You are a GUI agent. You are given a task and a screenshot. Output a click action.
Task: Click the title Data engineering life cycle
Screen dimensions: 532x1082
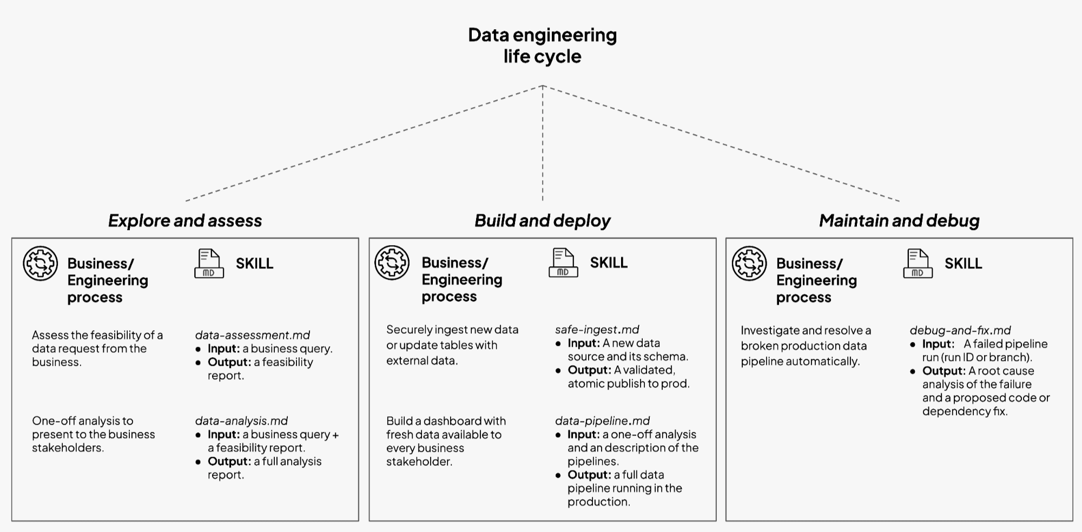pos(542,45)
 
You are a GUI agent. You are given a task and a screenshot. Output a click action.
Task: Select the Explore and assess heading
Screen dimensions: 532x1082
pos(185,221)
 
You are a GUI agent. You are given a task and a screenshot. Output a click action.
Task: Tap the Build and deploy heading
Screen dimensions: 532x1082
pos(542,221)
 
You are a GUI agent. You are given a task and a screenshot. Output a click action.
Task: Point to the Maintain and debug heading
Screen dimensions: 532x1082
pos(899,221)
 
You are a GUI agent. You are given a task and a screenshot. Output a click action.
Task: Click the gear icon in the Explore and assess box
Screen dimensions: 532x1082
pos(40,264)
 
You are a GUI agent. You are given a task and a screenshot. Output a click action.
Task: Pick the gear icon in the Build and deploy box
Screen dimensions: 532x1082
pos(392,262)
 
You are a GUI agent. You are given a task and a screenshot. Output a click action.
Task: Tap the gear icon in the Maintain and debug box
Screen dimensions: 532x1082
pos(749,264)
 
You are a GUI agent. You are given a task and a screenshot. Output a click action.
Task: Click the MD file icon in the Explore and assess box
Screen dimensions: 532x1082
pos(209,264)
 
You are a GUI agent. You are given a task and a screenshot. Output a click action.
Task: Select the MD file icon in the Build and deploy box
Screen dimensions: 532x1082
pos(563,262)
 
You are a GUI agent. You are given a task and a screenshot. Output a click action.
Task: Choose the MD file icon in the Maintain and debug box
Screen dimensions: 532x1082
pos(918,264)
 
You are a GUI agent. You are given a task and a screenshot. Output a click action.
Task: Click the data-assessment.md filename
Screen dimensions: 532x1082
pos(252,335)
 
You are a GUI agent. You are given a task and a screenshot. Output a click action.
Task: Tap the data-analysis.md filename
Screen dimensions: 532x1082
pos(241,421)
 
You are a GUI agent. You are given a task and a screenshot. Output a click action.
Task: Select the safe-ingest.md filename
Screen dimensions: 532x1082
pos(597,330)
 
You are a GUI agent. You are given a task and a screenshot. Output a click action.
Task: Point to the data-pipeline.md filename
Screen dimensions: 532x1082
pos(602,421)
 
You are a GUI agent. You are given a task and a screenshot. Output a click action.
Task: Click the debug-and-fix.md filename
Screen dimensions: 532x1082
pos(960,330)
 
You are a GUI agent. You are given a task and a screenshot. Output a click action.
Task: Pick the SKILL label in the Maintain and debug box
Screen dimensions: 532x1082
pos(963,264)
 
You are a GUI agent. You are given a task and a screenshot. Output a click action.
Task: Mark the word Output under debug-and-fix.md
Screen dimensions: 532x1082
pos(944,371)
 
